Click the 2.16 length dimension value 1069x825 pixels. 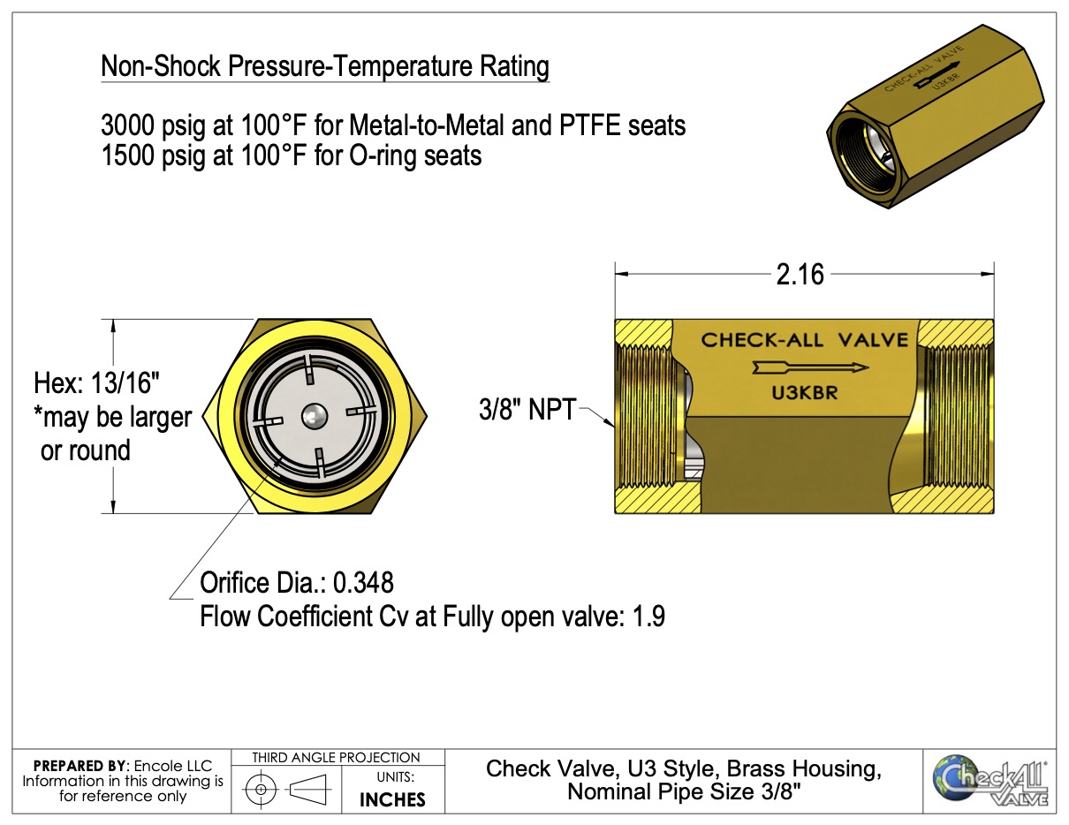click(x=800, y=275)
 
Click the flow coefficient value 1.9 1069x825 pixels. click(x=648, y=616)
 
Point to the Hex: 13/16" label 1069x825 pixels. click(x=97, y=383)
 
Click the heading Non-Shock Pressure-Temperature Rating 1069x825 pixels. click(x=325, y=66)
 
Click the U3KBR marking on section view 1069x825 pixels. click(x=805, y=394)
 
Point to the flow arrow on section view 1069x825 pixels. click(x=809, y=367)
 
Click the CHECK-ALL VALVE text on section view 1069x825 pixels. click(x=805, y=340)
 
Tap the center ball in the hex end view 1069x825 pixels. click(x=314, y=413)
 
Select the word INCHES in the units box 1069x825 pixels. click(x=392, y=799)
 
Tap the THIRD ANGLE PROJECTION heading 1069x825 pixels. click(x=336, y=758)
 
